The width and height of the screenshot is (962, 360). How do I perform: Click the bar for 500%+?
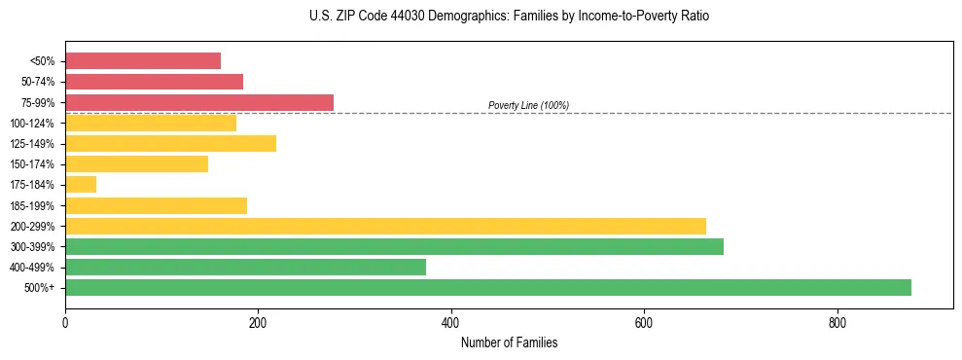(x=487, y=287)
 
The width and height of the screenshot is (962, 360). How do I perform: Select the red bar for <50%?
(x=143, y=61)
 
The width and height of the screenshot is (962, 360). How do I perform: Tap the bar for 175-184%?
(x=81, y=185)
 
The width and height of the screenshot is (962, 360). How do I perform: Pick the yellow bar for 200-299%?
(x=385, y=226)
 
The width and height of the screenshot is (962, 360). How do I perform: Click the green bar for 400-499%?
(x=245, y=267)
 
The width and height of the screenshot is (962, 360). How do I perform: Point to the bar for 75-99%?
(x=199, y=102)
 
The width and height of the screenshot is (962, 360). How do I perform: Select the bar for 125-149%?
(x=170, y=144)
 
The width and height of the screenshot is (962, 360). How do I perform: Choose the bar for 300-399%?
(x=394, y=246)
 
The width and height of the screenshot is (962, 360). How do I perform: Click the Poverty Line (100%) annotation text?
(x=528, y=105)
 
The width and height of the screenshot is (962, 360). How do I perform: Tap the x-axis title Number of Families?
(x=509, y=342)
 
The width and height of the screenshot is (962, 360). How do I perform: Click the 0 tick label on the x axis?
(x=65, y=322)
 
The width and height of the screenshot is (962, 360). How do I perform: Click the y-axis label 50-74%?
(x=37, y=82)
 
